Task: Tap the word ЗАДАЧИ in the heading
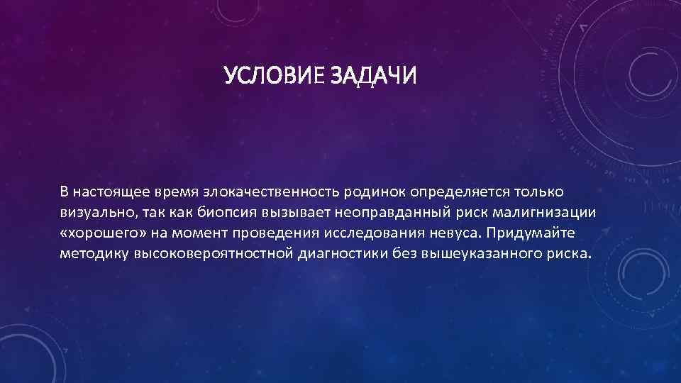[373, 75]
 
